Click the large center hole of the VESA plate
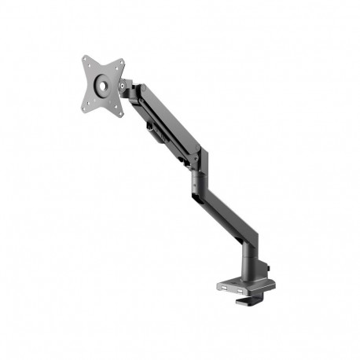(x=101, y=86)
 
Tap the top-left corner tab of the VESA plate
(x=86, y=58)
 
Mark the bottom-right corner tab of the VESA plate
(x=119, y=112)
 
